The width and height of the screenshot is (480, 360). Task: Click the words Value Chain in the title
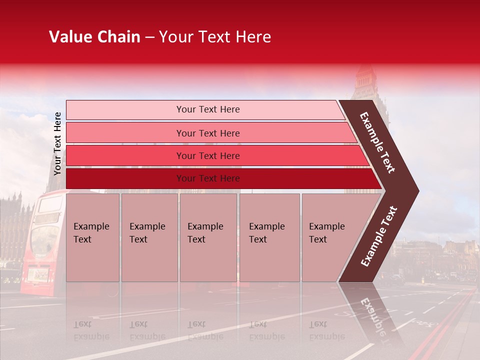point(94,37)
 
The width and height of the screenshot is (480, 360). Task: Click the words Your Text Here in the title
point(215,37)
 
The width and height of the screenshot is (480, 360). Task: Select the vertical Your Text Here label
point(57,143)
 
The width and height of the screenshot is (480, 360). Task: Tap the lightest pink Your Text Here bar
point(207,109)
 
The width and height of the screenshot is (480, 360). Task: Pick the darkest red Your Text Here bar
point(207,178)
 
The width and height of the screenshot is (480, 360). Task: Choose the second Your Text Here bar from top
point(207,133)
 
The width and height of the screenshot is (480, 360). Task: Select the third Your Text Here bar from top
point(207,156)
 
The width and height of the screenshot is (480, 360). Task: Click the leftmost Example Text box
point(92,237)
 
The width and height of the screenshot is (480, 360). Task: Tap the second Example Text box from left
point(149,237)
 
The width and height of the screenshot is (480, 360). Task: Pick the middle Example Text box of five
point(208,237)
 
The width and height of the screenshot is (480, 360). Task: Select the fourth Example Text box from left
point(269,237)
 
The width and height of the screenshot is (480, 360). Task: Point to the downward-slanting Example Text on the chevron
point(378,142)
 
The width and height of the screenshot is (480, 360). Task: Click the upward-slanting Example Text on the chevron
point(379,236)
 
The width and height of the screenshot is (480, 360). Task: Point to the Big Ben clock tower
point(367,85)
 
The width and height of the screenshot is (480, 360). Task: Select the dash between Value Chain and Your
point(149,37)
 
